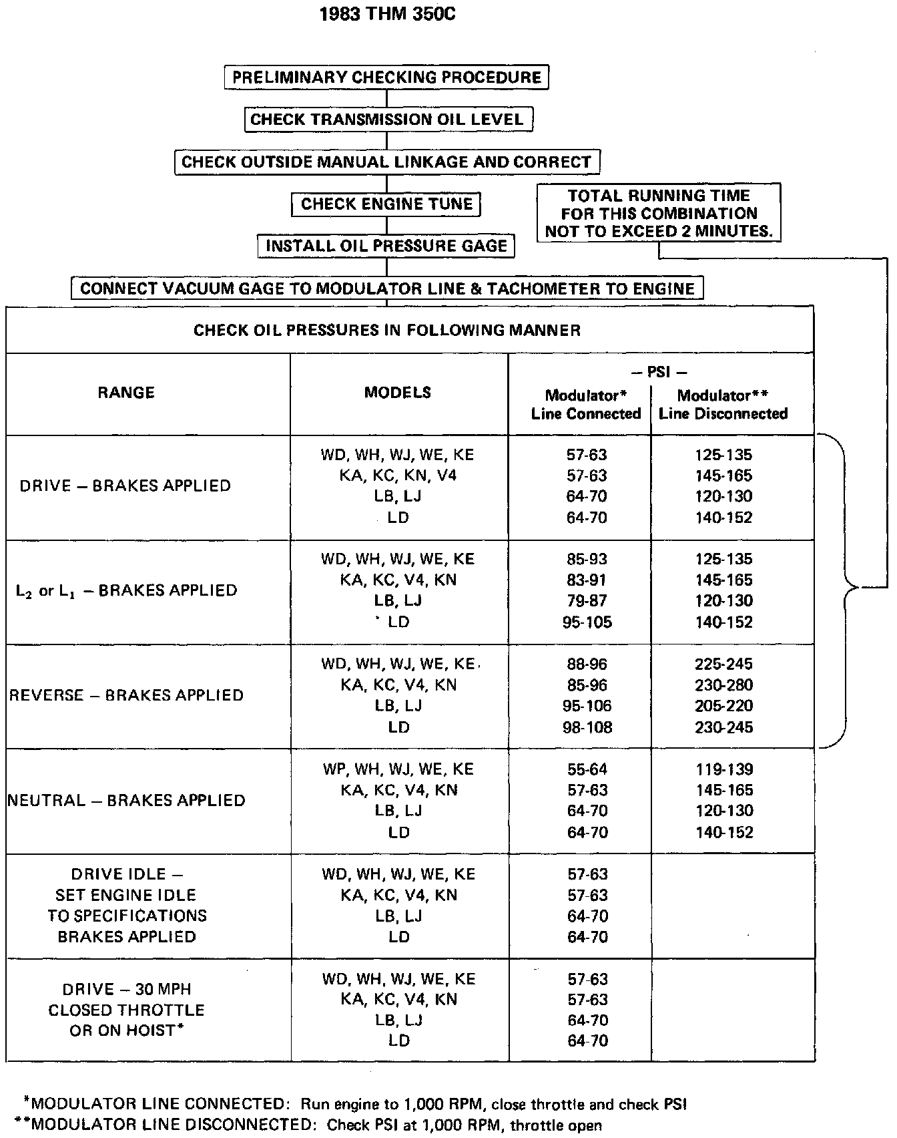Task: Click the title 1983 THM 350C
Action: (388, 14)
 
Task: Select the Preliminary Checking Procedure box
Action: (386, 77)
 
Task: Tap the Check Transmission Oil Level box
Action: (387, 120)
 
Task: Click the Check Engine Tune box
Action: (386, 204)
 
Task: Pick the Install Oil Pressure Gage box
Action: (386, 246)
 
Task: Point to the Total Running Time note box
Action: (659, 213)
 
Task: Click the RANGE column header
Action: (126, 393)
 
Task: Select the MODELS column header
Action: (398, 393)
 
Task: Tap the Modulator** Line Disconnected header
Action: (723, 404)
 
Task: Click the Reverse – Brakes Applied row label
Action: (127, 695)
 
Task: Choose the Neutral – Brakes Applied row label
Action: (127, 800)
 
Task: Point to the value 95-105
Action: (587, 622)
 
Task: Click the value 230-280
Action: (723, 685)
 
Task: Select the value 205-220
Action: (723, 706)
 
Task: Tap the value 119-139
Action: (723, 769)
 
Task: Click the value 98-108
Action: (587, 727)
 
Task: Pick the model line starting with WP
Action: (398, 769)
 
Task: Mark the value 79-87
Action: (587, 600)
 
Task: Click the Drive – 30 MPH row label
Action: (127, 1010)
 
